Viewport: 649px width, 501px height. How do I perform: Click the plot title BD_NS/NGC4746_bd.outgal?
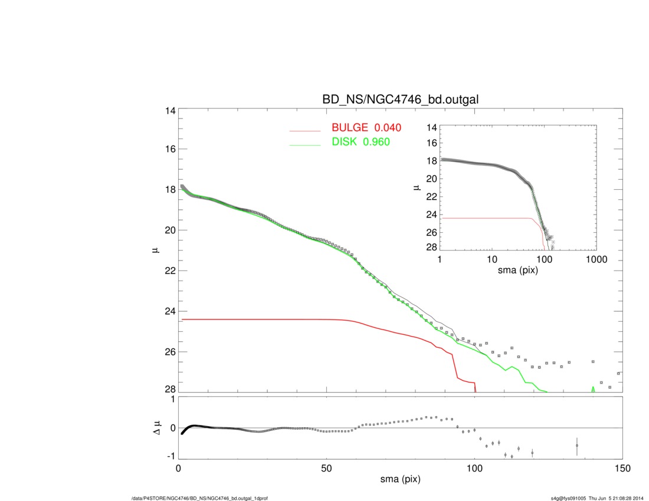coord(400,100)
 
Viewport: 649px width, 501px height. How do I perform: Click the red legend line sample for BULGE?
coord(304,131)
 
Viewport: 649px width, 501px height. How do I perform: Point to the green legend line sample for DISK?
coord(304,145)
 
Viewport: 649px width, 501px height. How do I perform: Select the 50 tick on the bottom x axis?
coord(326,469)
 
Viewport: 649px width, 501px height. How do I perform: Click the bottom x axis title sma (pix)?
coord(400,480)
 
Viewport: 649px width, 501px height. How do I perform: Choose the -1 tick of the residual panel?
coord(169,456)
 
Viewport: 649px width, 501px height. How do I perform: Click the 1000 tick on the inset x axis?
coord(595,260)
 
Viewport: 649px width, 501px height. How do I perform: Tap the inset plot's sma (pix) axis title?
coord(518,271)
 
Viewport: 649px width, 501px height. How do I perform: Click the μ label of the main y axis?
coord(155,250)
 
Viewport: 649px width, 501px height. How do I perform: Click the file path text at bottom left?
coord(200,499)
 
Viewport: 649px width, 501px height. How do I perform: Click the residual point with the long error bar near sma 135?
coord(577,446)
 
